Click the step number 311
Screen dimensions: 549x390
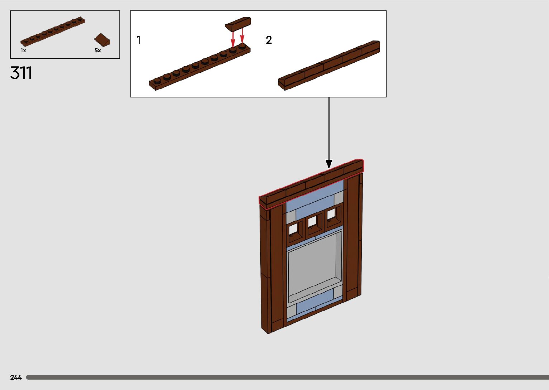coord(21,73)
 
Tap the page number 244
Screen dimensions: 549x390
coord(16,377)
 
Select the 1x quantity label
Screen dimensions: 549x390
coord(23,50)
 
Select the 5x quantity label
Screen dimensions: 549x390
coord(98,50)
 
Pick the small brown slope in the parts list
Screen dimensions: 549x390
coord(102,39)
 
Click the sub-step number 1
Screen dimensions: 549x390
coord(139,40)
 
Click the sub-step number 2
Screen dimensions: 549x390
coord(269,40)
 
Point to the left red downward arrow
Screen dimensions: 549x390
coord(233,38)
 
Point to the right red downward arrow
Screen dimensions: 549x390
coord(242,36)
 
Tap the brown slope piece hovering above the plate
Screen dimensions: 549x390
coord(238,23)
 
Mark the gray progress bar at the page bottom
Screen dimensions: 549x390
coord(287,377)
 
